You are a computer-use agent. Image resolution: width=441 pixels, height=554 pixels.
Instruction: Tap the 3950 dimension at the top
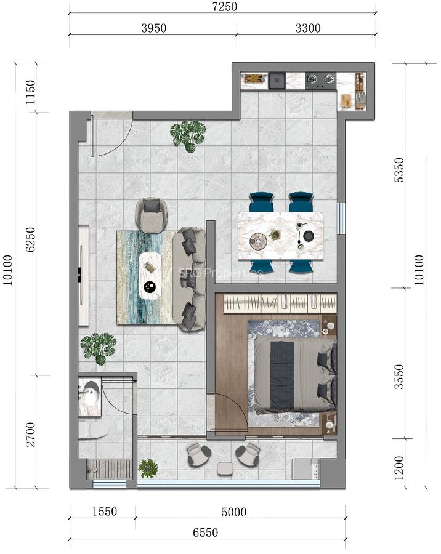[153, 28]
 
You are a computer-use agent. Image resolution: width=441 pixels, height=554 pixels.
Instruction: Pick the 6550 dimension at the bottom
[204, 533]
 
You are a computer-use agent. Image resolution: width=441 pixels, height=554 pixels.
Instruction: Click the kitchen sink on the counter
[277, 80]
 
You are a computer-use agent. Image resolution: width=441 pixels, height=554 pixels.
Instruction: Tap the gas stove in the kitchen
[320, 79]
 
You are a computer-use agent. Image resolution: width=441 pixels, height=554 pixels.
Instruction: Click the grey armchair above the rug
[151, 213]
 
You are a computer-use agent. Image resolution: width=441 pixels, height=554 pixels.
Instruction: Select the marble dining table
[281, 235]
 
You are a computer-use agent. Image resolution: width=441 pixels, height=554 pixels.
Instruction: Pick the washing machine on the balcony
[306, 470]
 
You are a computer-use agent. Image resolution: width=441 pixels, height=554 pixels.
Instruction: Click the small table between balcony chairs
[225, 468]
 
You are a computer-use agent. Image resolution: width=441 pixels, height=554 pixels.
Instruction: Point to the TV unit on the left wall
[84, 275]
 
